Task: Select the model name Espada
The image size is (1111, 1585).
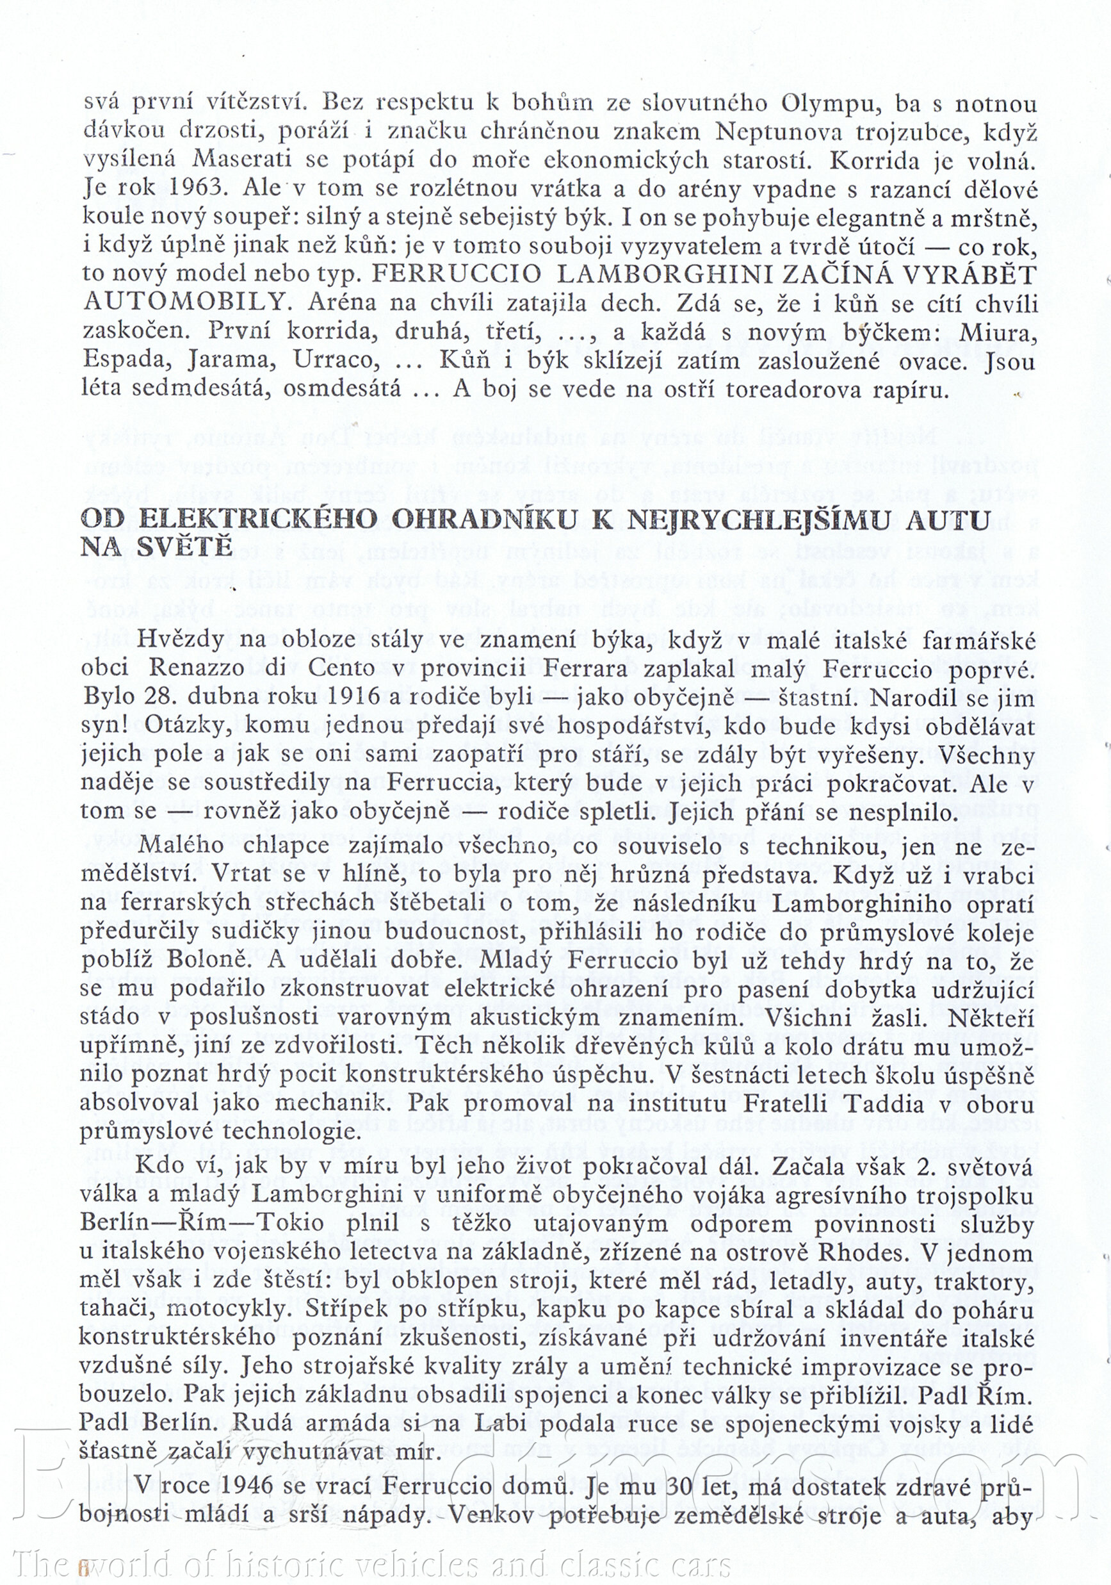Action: point(126,360)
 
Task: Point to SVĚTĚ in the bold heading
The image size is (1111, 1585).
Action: point(185,547)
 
